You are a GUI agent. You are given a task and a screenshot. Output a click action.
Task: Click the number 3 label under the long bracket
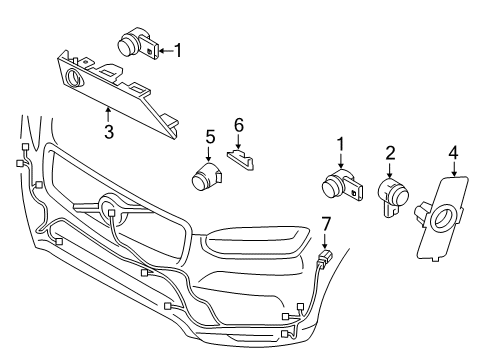click(x=109, y=129)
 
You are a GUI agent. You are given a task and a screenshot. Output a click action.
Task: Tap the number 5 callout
click(x=210, y=135)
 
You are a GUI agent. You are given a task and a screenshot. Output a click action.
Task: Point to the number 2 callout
click(x=391, y=152)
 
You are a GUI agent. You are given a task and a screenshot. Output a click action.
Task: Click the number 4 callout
click(x=453, y=152)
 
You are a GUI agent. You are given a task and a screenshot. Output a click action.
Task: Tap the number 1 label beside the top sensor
click(x=179, y=48)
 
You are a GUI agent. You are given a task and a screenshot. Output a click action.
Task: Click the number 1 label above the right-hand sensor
click(x=340, y=144)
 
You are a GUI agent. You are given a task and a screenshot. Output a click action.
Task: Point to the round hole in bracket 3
click(x=74, y=79)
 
